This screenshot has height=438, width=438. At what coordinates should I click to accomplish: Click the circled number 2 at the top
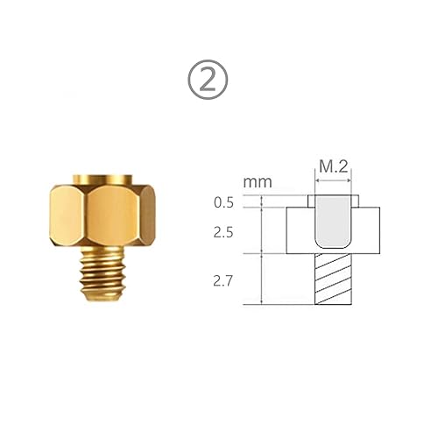point(209,81)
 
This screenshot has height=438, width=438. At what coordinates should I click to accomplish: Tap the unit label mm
point(258,182)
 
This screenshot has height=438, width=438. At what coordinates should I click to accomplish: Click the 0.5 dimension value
point(226,203)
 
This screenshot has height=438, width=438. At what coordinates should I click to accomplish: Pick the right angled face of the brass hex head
point(149,219)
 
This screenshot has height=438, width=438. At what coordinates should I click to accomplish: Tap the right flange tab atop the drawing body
point(355,202)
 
